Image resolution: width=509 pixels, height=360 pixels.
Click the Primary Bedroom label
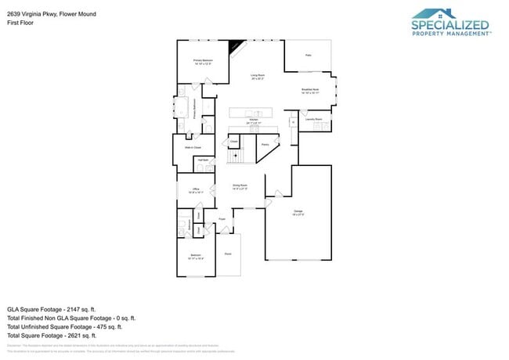pos(204,62)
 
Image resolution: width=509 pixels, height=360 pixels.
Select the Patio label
pos(308,55)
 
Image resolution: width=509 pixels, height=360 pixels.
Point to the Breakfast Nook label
pos(311,91)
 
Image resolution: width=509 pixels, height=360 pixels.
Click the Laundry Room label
pos(313,119)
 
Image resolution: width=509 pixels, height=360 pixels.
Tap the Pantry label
pos(265,144)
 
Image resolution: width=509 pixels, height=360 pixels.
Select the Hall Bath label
pos(203,160)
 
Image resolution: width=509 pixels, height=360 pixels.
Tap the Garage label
pos(298,212)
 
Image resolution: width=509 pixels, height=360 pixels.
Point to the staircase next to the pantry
pos(234,156)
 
